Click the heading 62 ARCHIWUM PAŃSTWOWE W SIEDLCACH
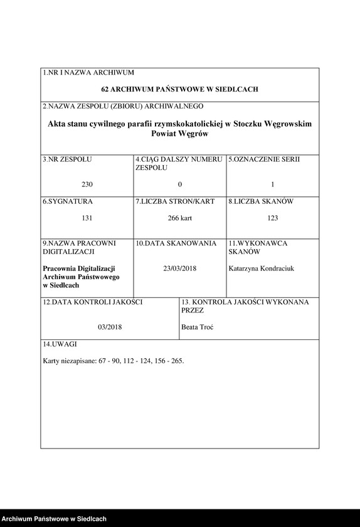179,90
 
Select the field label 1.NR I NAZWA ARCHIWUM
88,73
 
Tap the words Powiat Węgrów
179,134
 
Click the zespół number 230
87,184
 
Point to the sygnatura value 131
87,218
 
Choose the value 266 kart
179,218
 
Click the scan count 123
272,218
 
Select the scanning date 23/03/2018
179,269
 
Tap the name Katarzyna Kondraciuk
262,269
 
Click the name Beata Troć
197,327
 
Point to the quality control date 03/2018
109,327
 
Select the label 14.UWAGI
60,344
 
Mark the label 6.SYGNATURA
68,201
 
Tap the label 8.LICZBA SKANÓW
260,201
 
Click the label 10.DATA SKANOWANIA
176,243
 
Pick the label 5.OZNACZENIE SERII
264,159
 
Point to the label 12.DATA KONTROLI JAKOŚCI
92,302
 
